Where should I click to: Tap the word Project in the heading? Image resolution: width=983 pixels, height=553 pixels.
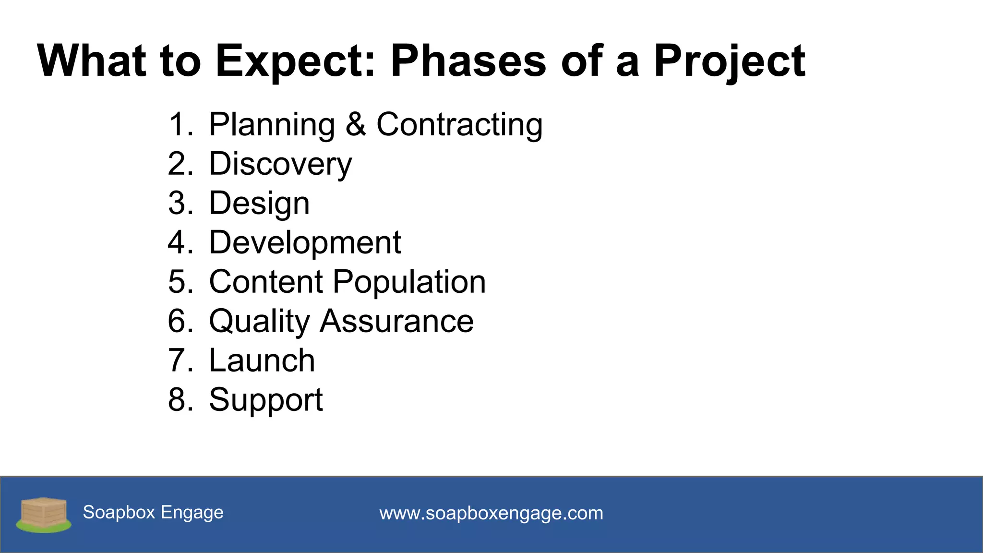pos(729,61)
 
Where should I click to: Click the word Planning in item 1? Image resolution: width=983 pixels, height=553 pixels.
pos(272,125)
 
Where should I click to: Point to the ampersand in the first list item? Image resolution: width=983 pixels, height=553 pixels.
pos(356,124)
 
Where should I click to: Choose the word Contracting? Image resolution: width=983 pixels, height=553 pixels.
pos(459,125)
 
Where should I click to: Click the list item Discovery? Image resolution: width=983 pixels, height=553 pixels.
pos(280,164)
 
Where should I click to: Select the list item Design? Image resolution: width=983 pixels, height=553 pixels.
pos(259,204)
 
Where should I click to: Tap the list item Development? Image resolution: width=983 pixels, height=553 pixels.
pos(305,242)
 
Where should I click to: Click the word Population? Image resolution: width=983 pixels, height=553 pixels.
pos(409,282)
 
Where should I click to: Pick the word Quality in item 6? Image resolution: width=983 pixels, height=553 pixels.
pos(259,321)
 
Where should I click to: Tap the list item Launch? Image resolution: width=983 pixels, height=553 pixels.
pos(262,361)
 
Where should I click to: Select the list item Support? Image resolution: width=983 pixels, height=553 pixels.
pos(266,400)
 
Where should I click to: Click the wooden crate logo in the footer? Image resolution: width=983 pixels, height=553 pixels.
pos(44,515)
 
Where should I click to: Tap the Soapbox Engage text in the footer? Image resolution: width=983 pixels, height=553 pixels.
pos(153,512)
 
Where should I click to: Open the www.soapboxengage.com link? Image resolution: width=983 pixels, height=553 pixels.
pos(491,513)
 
